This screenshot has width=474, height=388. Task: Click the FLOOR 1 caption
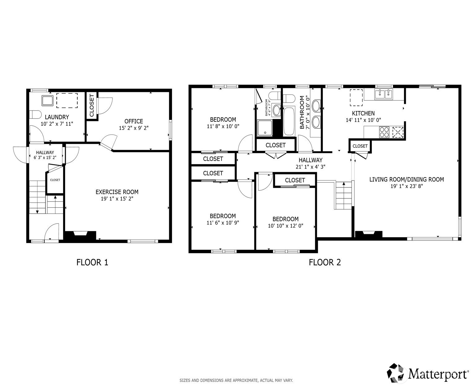[92, 262]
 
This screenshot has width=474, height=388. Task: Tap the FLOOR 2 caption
[325, 262]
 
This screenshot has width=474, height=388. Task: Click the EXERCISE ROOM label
[117, 192]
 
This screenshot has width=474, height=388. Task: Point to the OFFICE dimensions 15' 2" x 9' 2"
[134, 128]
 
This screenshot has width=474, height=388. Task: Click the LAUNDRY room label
[57, 117]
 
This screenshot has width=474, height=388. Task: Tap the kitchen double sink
[383, 94]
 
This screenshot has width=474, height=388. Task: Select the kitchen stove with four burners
[384, 132]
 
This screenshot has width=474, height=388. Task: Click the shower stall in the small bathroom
[265, 128]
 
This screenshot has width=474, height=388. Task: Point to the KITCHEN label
[363, 113]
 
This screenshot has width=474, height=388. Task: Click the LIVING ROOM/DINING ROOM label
[406, 179]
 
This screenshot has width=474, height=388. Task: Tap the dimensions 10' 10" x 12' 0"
[285, 226]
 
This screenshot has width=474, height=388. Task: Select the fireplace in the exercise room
[80, 235]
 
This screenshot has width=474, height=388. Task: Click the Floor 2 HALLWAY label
[310, 160]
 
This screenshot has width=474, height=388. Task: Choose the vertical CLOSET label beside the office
[92, 106]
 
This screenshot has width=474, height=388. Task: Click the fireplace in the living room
[369, 234]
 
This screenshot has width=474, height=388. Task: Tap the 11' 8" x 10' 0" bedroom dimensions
[223, 126]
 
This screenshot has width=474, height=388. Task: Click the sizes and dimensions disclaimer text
[236, 380]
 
